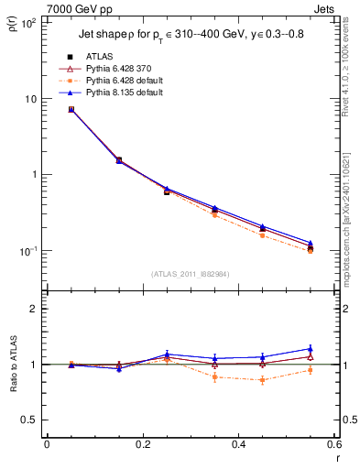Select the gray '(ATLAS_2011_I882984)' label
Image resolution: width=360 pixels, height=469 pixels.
coord(190,274)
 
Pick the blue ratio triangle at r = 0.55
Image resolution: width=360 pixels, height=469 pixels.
coord(311,348)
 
